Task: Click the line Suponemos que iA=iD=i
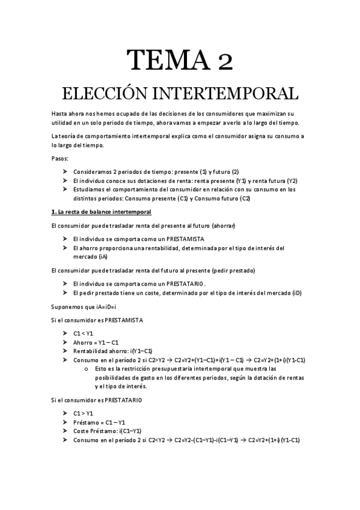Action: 84,307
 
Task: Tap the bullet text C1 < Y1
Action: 84,333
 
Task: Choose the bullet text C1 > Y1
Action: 84,414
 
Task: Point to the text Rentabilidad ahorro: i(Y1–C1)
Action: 112,351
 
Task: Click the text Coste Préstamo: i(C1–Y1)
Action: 107,431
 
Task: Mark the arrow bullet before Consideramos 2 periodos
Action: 65,171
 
